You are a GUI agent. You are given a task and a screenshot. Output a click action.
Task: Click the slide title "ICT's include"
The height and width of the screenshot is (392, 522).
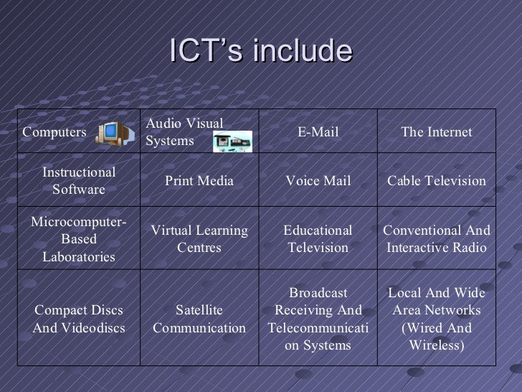point(261,51)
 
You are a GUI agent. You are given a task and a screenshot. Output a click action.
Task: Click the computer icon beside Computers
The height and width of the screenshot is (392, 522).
point(110,132)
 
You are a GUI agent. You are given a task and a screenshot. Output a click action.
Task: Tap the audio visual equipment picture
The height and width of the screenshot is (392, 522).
point(233,141)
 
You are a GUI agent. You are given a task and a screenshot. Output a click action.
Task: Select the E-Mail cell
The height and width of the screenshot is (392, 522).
point(318,132)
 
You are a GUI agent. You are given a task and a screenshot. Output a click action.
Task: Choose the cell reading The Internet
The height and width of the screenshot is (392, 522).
point(436,132)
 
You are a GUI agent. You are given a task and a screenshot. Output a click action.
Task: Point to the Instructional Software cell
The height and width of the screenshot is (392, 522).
point(79,181)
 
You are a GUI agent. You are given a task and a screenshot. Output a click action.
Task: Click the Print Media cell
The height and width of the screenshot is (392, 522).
point(199,181)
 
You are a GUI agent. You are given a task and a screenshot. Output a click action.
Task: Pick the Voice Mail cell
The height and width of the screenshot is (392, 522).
point(318,181)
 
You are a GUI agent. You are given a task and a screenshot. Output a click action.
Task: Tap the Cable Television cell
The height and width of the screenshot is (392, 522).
point(436,181)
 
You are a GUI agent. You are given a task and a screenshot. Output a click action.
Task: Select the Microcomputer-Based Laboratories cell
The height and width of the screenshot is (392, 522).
point(79,239)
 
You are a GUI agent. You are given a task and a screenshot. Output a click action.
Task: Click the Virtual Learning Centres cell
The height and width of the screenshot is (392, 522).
point(199,239)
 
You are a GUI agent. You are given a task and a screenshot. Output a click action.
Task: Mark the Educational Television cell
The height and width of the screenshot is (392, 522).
point(318,239)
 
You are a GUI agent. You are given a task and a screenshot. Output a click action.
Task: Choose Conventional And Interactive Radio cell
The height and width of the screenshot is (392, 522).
point(436,239)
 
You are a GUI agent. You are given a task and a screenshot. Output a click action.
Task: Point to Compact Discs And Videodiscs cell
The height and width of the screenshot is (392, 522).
point(79,319)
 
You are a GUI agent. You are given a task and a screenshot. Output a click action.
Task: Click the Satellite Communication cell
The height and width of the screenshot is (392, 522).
point(199,319)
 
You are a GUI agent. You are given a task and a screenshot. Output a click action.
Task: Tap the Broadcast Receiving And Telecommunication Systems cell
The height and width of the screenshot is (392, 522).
point(318,319)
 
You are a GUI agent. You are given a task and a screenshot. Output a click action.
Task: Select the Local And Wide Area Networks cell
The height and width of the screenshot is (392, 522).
point(436,319)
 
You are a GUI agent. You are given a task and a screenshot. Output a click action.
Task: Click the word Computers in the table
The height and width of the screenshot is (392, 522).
point(54,132)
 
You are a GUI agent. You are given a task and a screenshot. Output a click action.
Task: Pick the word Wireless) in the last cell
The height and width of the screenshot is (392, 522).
point(436,346)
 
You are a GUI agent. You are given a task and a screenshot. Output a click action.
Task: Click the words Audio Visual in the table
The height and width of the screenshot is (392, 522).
point(184,124)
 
